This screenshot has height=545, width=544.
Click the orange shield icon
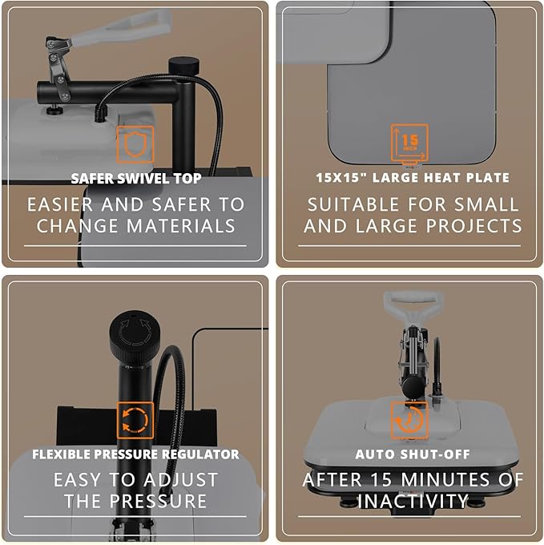click(x=135, y=144)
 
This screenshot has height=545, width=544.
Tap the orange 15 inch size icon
click(x=409, y=143)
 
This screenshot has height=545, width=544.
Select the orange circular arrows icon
click(x=135, y=420)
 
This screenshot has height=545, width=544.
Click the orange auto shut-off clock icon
click(x=409, y=420)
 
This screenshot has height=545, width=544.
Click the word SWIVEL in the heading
click(x=143, y=179)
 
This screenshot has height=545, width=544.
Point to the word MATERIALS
click(x=181, y=226)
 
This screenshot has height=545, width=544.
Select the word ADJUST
click(x=180, y=480)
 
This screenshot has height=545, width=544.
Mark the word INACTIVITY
click(x=413, y=501)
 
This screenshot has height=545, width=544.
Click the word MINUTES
click(x=447, y=480)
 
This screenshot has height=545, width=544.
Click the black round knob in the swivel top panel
click(x=183, y=65)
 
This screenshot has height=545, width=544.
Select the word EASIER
click(x=60, y=204)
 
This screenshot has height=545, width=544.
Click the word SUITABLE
click(x=353, y=204)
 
